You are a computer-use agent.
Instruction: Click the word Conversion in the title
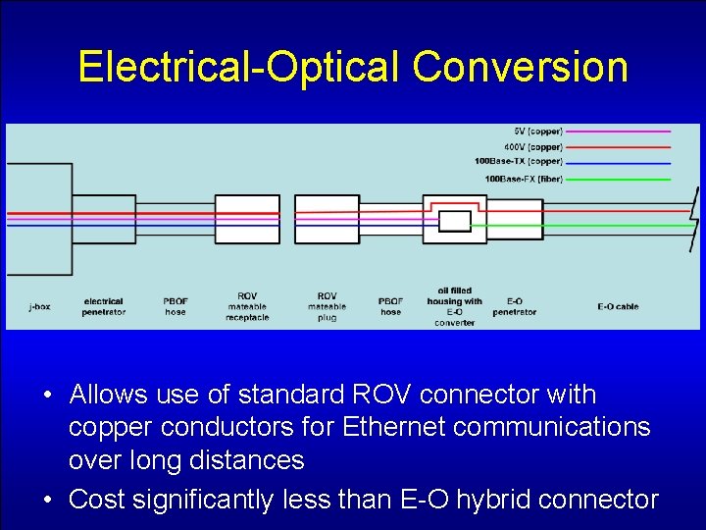coord(520,67)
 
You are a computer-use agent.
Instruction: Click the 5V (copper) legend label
coord(538,131)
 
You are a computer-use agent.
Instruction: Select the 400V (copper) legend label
coord(533,146)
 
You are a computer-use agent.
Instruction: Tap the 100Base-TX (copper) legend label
coord(518,162)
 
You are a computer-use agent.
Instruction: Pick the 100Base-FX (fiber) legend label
coord(524,179)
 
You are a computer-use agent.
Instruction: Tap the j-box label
coord(39,306)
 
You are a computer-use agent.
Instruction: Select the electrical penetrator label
coord(104,306)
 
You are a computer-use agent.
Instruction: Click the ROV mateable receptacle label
coord(247,306)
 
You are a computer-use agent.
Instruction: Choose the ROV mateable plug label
coord(327,306)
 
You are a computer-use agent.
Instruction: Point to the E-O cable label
coord(618,306)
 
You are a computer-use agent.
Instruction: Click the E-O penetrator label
coord(514,306)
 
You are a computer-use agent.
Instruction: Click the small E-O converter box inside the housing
coord(454,221)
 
